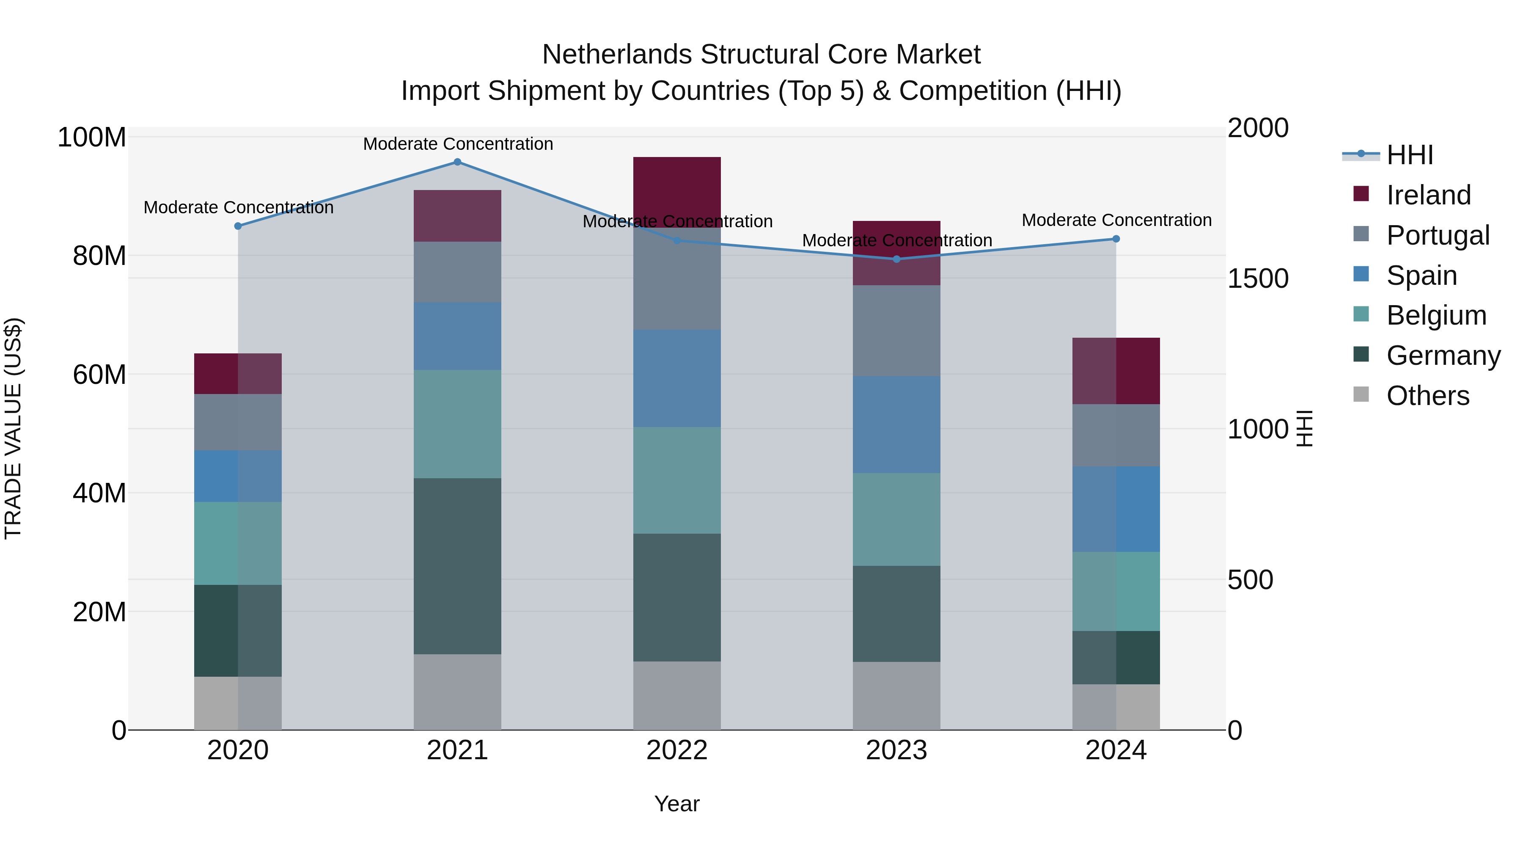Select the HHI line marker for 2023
(x=896, y=259)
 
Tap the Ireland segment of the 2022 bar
(x=677, y=183)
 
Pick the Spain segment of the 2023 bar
(x=896, y=424)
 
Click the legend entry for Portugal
(x=1437, y=235)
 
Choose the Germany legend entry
(x=1443, y=355)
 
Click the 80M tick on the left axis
(x=99, y=256)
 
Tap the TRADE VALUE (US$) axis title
(x=13, y=428)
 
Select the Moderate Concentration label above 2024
(x=1116, y=220)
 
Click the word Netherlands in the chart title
(x=618, y=55)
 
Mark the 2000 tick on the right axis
(x=1258, y=128)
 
